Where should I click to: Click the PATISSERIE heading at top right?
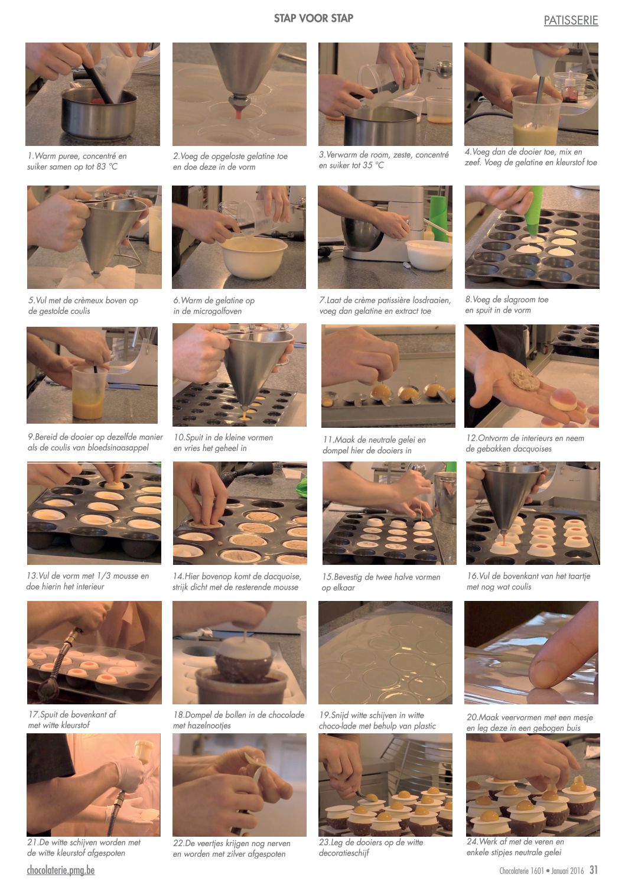point(571,20)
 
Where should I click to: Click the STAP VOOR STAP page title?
point(314,18)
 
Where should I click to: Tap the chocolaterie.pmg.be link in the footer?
point(61,870)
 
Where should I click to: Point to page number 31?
point(594,869)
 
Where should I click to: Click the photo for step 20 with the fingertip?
point(531,652)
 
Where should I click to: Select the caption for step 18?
point(239,720)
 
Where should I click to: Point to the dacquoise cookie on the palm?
point(523,379)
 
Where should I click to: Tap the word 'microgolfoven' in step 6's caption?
point(218,311)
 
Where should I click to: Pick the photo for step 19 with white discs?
point(386,652)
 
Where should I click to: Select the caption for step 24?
point(515,847)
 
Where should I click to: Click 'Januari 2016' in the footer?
point(568,870)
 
